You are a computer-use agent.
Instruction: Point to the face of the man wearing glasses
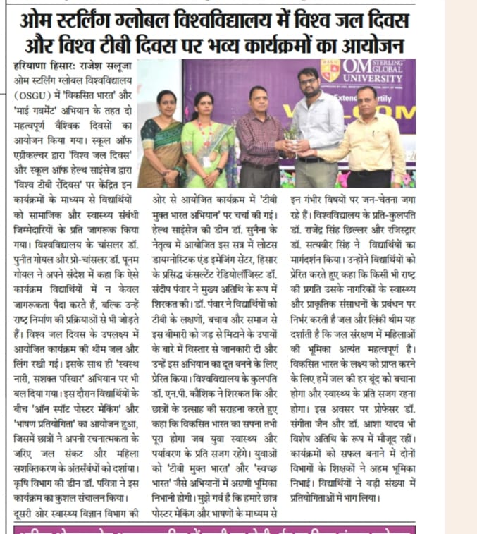308,83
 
